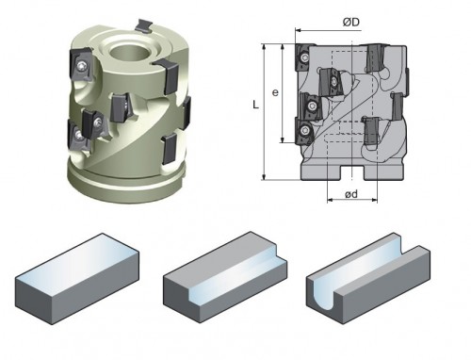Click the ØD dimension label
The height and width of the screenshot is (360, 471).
[351, 23]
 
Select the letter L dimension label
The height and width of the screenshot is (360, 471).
[256, 105]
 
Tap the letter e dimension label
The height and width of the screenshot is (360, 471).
[275, 92]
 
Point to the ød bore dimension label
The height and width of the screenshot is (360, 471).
[351, 194]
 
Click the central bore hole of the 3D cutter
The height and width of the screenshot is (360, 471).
[129, 52]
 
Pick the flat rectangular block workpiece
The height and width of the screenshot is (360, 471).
[77, 279]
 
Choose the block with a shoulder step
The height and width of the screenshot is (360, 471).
[225, 277]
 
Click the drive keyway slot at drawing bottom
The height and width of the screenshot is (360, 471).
[352, 172]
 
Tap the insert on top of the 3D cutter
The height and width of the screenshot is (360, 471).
[144, 25]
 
